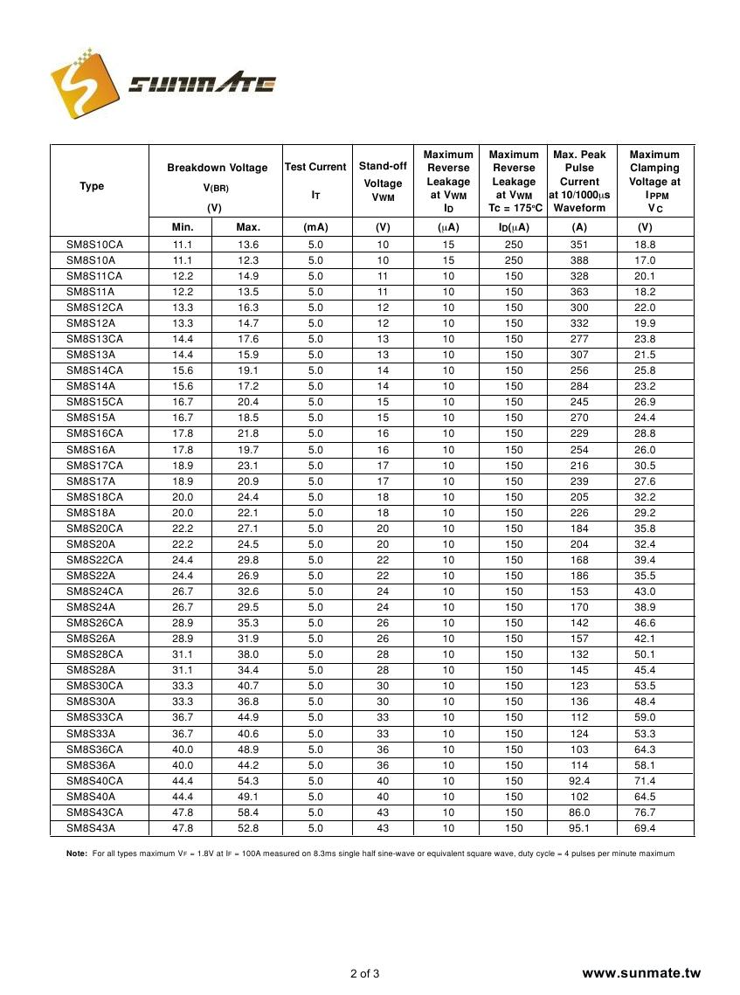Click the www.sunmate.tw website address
point(641,973)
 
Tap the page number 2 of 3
point(364,973)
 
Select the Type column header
point(92,186)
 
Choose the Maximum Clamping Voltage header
point(654,181)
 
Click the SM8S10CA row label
point(94,245)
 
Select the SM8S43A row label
point(91,828)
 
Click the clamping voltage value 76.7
point(645,812)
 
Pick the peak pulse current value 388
point(579,260)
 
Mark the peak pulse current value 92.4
point(579,781)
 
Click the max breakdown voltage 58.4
point(248,812)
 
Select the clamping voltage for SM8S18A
point(645,513)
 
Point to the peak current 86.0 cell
point(579,812)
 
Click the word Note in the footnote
point(76,853)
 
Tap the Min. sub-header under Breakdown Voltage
point(182,227)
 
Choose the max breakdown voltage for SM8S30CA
point(248,686)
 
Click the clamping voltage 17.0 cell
point(645,260)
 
